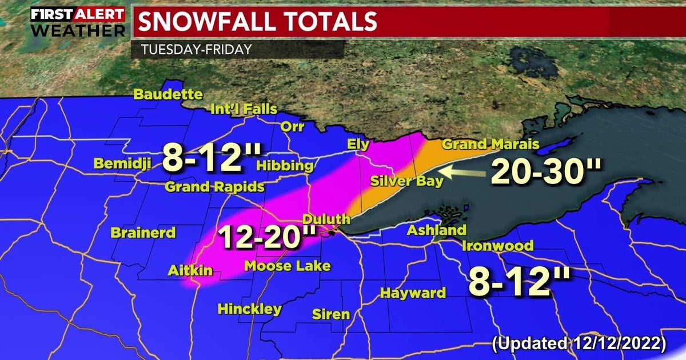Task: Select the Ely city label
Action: tap(358, 145)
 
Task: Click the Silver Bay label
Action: tap(406, 182)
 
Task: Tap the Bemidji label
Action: tap(122, 164)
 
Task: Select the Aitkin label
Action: tap(190, 270)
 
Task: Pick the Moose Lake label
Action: tap(287, 266)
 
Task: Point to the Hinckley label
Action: tap(249, 309)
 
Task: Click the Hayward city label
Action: tap(413, 293)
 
